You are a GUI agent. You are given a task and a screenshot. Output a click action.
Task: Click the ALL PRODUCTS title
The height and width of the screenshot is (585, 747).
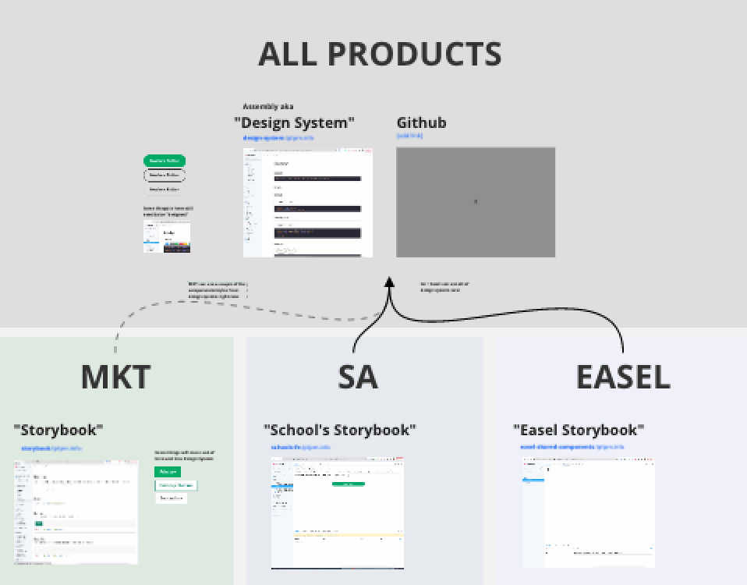point(380,55)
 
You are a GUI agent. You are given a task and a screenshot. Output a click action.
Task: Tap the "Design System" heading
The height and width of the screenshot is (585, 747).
point(294,122)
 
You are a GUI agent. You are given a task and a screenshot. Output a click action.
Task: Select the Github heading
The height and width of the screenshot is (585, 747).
point(421,122)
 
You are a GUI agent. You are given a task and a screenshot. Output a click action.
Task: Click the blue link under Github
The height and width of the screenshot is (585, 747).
point(409,136)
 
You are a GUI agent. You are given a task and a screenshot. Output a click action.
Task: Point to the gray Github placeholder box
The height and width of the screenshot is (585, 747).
point(476,202)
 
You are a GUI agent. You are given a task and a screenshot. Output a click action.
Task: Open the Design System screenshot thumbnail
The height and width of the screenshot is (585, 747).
point(308,202)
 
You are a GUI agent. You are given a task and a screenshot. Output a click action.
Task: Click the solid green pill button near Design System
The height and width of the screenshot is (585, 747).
point(165,161)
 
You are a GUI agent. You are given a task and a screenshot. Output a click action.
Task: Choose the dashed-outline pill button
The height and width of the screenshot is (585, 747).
point(165,175)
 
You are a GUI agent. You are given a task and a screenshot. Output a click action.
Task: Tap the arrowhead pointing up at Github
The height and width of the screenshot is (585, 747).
point(389,282)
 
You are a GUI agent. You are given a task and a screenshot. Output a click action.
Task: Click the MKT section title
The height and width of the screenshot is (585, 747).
point(115,377)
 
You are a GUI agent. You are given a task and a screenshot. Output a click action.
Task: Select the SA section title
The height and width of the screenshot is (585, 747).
point(358,377)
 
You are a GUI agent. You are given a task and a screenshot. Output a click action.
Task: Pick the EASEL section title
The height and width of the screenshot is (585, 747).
point(623,377)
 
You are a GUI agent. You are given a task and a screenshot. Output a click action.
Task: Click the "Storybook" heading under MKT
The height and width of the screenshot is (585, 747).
point(58,430)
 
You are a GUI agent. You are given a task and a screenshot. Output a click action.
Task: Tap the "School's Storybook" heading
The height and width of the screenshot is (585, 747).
point(340,430)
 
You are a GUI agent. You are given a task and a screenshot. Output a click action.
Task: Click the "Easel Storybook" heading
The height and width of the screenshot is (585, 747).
point(579,430)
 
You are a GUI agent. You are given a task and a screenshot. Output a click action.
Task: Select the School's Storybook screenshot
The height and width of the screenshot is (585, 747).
point(338,512)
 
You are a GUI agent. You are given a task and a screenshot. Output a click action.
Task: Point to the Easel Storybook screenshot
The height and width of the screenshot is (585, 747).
point(589,512)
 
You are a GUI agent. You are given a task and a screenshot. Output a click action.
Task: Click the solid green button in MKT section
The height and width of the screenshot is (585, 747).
point(168,472)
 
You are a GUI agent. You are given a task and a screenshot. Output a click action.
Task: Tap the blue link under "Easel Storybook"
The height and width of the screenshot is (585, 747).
point(572,447)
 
